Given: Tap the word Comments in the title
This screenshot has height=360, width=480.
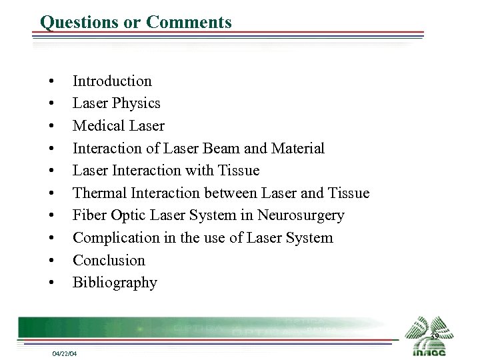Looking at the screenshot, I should click(x=189, y=22).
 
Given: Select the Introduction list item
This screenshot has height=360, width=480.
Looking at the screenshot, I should click(x=112, y=81).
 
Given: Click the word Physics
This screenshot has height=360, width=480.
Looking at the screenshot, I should click(x=136, y=103).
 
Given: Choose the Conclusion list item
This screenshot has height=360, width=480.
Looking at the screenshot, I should click(x=109, y=260).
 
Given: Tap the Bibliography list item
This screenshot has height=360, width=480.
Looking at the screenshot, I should click(x=115, y=283).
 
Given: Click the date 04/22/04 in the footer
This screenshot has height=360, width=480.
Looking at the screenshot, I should click(x=64, y=353).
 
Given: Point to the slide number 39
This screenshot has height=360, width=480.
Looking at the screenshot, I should click(x=433, y=337).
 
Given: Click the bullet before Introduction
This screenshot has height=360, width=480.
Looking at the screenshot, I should click(x=51, y=82).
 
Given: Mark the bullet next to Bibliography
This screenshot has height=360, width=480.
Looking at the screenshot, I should click(x=51, y=283).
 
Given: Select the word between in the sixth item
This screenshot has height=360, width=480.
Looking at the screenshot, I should click(x=217, y=193).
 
